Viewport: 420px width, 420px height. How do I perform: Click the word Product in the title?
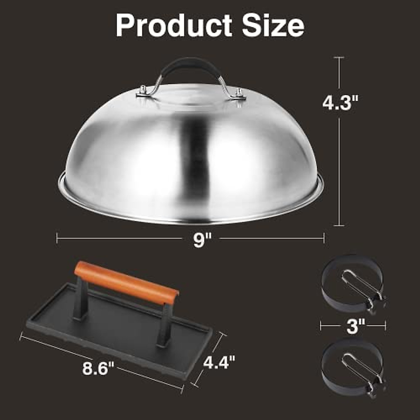coord(174,26)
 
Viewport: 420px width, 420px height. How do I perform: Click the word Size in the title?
coord(273,26)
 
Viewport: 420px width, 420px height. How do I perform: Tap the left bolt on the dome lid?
coord(143,91)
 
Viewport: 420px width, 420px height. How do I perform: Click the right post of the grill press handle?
coord(164,325)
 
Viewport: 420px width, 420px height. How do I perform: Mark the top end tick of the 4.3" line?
coord(339,57)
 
